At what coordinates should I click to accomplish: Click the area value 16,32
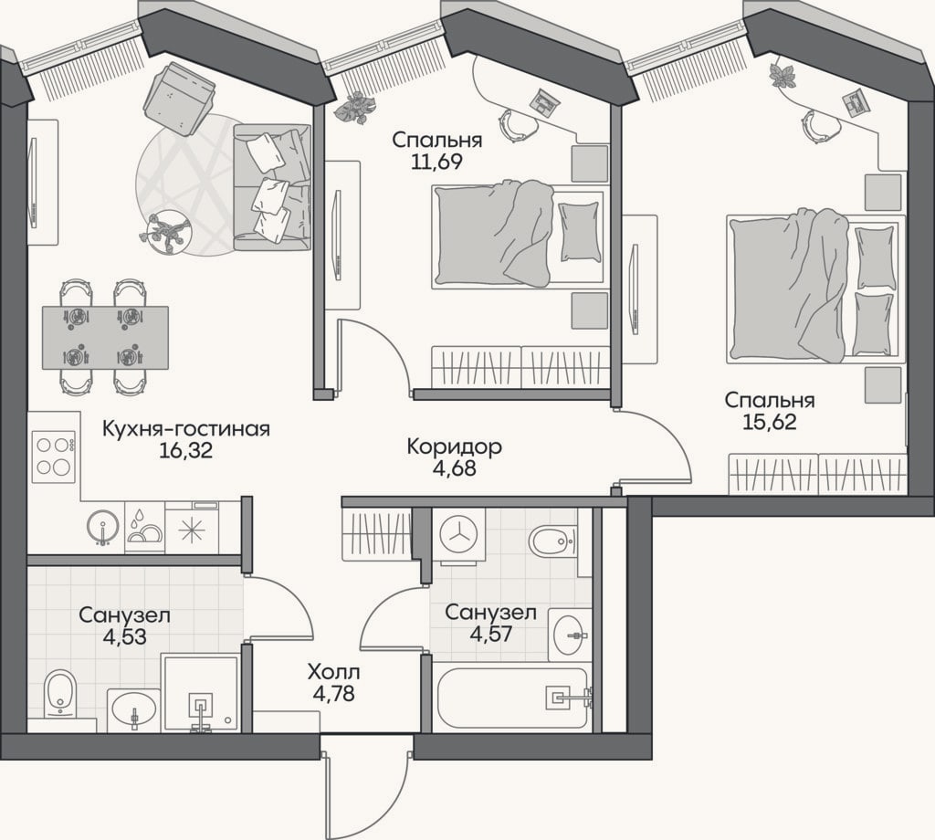point(186,451)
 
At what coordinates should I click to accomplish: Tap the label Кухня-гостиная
point(186,428)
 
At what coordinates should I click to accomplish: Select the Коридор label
point(455,446)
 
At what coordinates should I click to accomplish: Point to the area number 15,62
point(770,422)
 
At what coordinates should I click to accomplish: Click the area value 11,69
point(437,162)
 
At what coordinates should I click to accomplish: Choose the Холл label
point(334,673)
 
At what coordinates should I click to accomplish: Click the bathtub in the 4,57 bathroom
point(513,698)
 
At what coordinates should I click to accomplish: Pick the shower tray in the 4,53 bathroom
point(201,693)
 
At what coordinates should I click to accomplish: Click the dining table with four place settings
point(105,338)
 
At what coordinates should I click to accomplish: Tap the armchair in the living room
point(180,99)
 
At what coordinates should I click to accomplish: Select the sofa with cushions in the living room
point(272,187)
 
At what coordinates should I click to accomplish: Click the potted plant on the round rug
point(165,231)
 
